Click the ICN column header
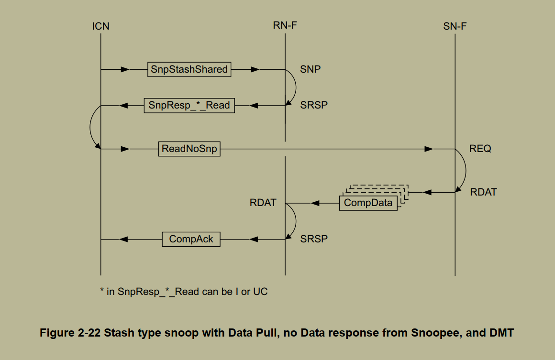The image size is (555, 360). coord(100,26)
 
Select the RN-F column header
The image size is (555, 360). coord(285,26)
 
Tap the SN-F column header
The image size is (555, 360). coord(455,26)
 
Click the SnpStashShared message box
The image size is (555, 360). coord(189,69)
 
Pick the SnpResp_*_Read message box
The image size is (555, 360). coord(189,105)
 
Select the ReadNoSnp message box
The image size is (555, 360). coord(189,149)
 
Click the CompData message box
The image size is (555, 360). coord(368,203)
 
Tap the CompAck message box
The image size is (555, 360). coord(191,239)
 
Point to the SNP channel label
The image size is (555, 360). coord(310,69)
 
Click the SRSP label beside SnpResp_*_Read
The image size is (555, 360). coord(314,105)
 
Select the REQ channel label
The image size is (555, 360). coord(480,149)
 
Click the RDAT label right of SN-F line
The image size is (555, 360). coord(483,192)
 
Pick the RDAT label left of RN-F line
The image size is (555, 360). coord(263,203)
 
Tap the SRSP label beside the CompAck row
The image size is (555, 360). coord(314,239)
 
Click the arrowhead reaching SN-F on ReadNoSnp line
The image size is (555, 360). coord(429,149)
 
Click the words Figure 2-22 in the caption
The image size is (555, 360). coord(69,333)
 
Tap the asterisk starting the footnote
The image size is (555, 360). coord(102,291)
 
